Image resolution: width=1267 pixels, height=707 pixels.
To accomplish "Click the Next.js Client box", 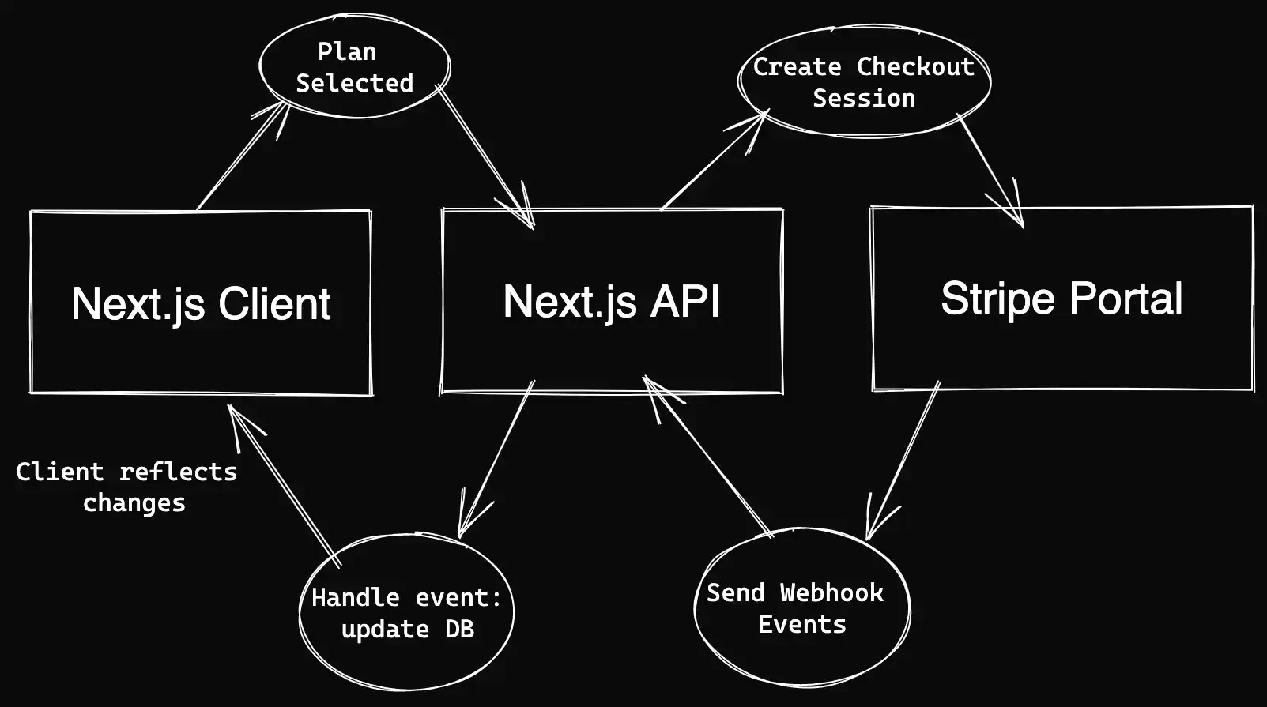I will pos(201,303).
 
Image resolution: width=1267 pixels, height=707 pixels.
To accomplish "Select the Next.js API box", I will pos(612,301).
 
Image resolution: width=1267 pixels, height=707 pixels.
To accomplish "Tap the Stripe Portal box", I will pos(1061,299).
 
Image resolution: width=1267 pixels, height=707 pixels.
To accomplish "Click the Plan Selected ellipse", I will pos(354,67).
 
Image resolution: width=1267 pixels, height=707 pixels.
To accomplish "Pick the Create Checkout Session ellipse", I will pos(863,82).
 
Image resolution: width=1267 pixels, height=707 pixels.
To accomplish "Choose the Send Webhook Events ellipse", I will pos(801,608).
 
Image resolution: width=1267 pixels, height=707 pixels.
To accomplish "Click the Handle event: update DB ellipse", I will pos(406,613).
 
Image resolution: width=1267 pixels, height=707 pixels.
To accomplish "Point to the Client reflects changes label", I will pos(126,487).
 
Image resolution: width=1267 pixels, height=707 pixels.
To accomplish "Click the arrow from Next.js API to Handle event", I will pos(496,458).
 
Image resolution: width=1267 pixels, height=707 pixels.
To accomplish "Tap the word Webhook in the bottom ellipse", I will pos(831,592).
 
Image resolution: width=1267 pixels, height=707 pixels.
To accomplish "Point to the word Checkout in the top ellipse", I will pos(915,66).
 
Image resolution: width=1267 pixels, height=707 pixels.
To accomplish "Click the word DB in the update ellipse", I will pos(458,629).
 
